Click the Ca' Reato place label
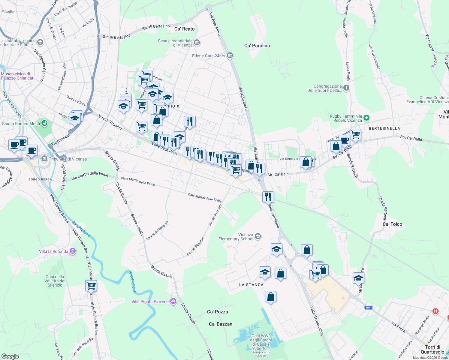click(x=184, y=29)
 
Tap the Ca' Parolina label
click(x=257, y=46)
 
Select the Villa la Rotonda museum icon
click(x=73, y=251)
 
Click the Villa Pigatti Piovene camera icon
click(x=173, y=301)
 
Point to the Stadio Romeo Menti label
click(x=21, y=124)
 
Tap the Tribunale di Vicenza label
click(x=68, y=159)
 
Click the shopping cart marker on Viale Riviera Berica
click(x=91, y=286)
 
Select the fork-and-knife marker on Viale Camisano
click(x=268, y=197)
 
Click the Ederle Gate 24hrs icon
click(x=230, y=55)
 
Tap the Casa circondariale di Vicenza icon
click(x=197, y=43)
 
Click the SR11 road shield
click(x=369, y=307)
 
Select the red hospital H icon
click(x=435, y=311)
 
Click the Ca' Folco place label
click(x=392, y=224)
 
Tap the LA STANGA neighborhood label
click(x=251, y=285)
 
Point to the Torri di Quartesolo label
click(x=432, y=349)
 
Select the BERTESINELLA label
click(x=384, y=128)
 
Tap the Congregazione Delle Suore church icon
click(x=346, y=88)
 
